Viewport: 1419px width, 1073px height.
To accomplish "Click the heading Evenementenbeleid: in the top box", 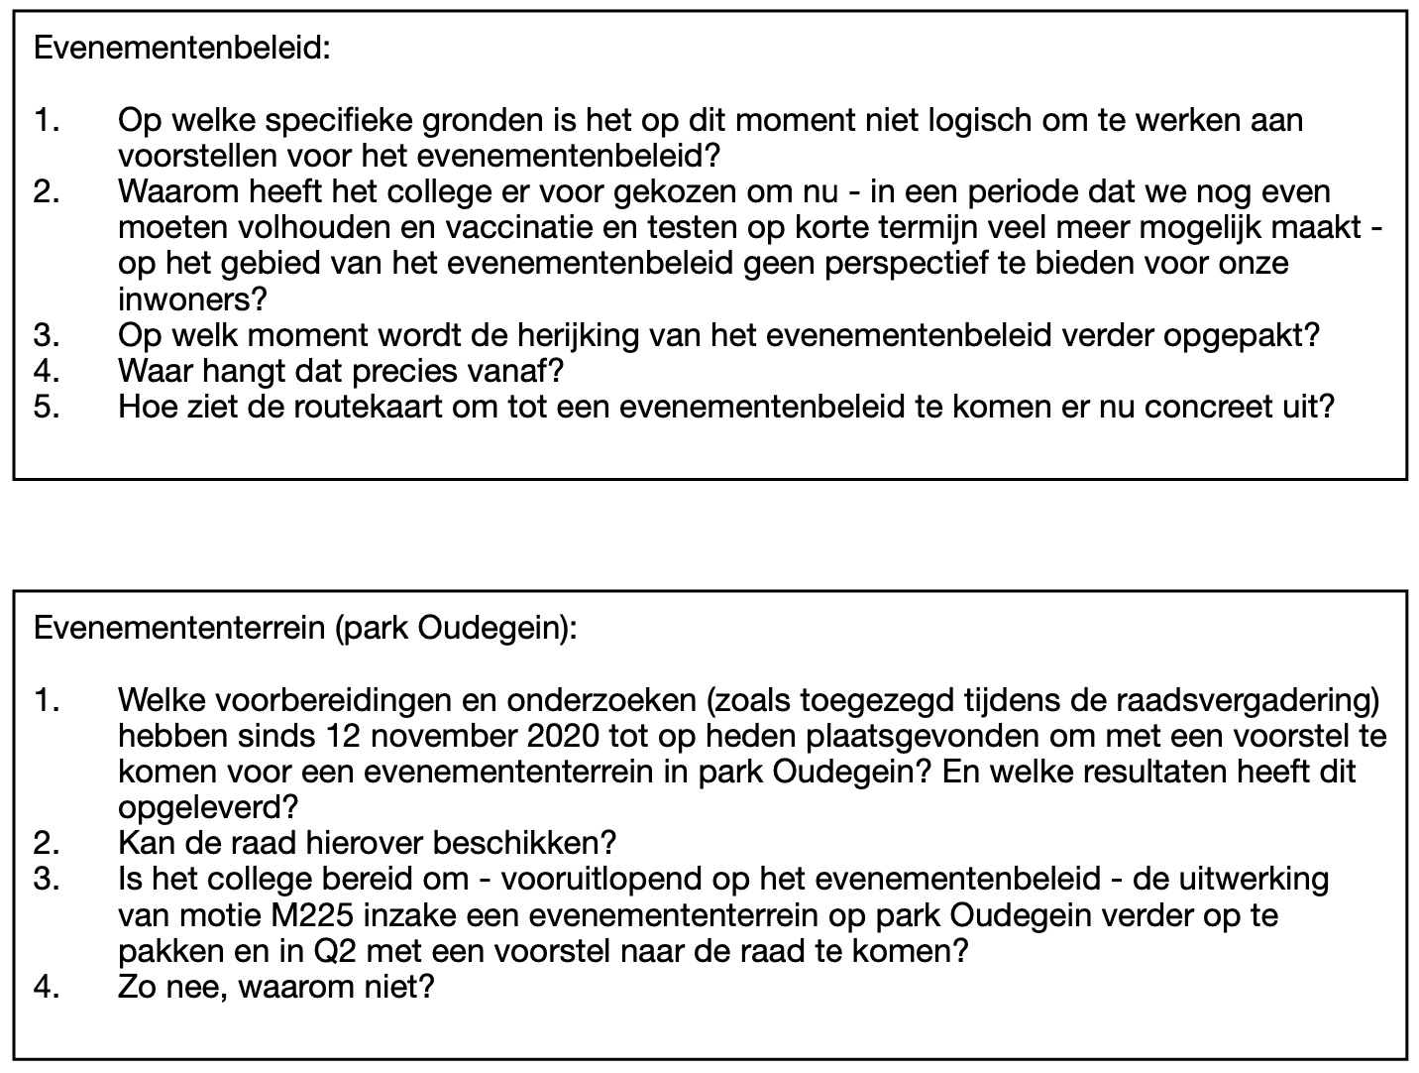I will coord(181,49).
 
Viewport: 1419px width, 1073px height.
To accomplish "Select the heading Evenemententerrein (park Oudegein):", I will coord(304,629).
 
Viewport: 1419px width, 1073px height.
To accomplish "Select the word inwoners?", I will coord(193,298).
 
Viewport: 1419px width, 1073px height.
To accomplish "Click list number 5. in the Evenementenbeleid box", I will coord(47,407).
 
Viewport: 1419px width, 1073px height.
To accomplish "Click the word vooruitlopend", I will coord(605,880).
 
